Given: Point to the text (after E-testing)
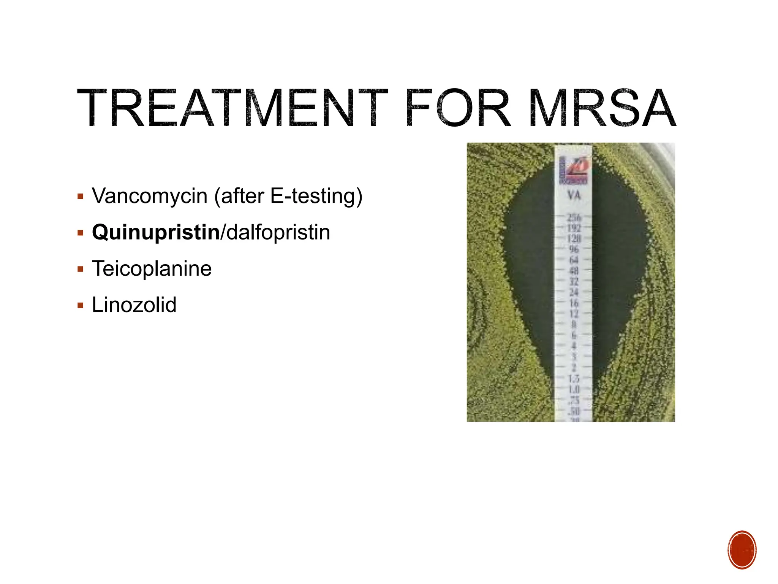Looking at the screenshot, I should click(x=288, y=196).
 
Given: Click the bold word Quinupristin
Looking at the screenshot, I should click(x=156, y=232).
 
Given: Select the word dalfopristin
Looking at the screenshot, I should click(x=278, y=232).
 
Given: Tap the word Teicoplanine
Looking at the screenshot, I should click(x=152, y=268).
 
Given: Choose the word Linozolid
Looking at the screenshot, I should click(x=134, y=305).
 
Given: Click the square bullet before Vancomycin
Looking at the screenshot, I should click(x=80, y=197).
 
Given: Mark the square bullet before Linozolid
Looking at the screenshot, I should click(x=80, y=305).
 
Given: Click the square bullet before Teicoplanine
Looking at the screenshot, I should click(x=80, y=269).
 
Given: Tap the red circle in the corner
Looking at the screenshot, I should click(x=742, y=550).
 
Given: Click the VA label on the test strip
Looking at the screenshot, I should click(x=574, y=195).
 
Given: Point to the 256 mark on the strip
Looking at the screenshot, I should click(x=574, y=217).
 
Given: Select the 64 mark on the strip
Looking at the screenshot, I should click(x=574, y=260).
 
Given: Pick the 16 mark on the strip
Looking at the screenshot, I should click(x=574, y=303).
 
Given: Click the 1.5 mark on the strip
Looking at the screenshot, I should click(x=574, y=379).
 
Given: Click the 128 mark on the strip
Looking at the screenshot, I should click(x=574, y=239).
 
